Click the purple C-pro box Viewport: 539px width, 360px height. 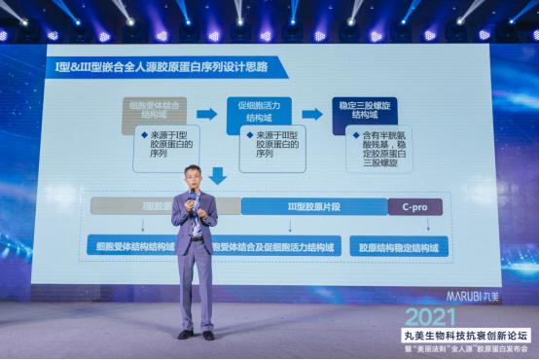[x=414, y=206]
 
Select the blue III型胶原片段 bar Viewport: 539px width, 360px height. [x=313, y=206]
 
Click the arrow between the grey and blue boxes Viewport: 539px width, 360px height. [x=206, y=114]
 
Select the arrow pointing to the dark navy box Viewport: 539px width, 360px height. [x=311, y=114]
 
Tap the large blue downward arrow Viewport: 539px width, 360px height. [x=218, y=175]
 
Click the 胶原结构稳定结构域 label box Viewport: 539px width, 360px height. [x=399, y=247]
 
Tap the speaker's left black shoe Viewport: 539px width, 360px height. [x=184, y=334]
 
